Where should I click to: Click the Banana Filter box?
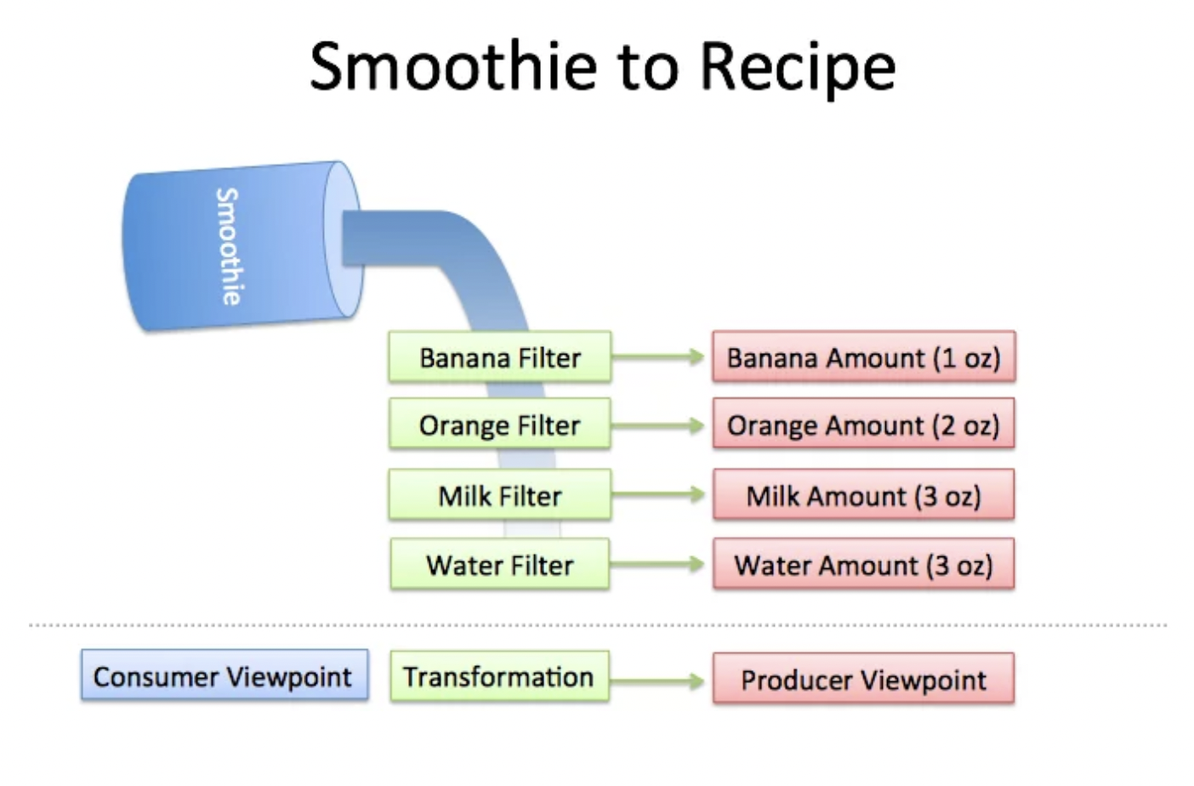click(499, 357)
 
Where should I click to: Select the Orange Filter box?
click(499, 424)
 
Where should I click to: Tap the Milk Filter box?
click(499, 495)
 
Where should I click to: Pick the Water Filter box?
click(499, 565)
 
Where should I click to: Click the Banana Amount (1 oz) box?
click(863, 357)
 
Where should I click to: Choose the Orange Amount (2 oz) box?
click(863, 424)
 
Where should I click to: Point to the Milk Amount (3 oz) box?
click(863, 495)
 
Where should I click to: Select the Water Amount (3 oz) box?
click(863, 565)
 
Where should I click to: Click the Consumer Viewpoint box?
click(225, 676)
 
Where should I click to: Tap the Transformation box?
click(499, 677)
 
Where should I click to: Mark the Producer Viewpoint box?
click(863, 679)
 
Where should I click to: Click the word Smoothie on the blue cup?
click(228, 247)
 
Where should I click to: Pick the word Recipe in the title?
click(798, 68)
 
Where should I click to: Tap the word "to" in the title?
click(648, 68)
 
